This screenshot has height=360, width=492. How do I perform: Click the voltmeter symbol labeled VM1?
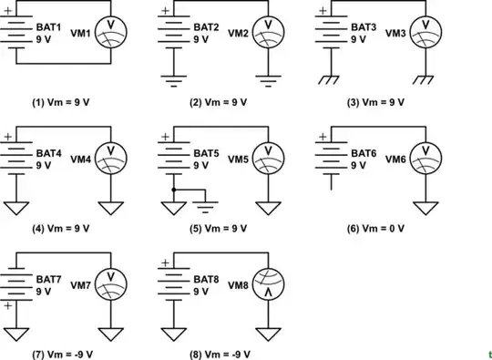coord(110,33)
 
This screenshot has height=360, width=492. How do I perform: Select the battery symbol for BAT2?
coord(173,33)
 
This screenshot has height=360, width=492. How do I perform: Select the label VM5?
coord(238,159)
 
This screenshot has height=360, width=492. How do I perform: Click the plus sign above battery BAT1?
coord(9,11)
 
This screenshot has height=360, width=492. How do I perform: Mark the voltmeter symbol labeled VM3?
coord(425,33)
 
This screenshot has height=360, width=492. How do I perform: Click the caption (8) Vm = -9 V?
coord(216,353)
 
